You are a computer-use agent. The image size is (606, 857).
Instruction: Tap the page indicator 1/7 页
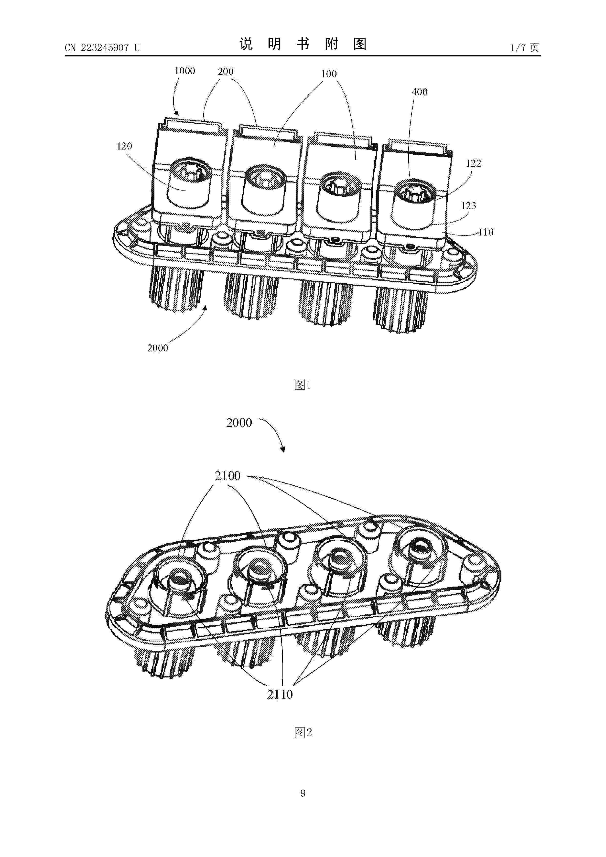(x=524, y=47)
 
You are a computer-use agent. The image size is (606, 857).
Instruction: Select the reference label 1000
(x=185, y=71)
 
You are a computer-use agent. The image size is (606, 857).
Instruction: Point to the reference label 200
(x=226, y=72)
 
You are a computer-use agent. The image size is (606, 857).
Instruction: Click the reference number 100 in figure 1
(x=329, y=74)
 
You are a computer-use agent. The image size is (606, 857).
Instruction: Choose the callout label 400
(x=419, y=92)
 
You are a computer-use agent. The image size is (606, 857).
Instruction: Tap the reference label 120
(x=124, y=146)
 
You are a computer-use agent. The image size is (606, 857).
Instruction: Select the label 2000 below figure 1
(x=158, y=348)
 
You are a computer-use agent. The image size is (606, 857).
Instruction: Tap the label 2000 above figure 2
(x=239, y=423)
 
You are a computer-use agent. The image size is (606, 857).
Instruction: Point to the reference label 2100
(x=227, y=476)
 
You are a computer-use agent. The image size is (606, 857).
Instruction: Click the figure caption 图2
(x=303, y=732)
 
